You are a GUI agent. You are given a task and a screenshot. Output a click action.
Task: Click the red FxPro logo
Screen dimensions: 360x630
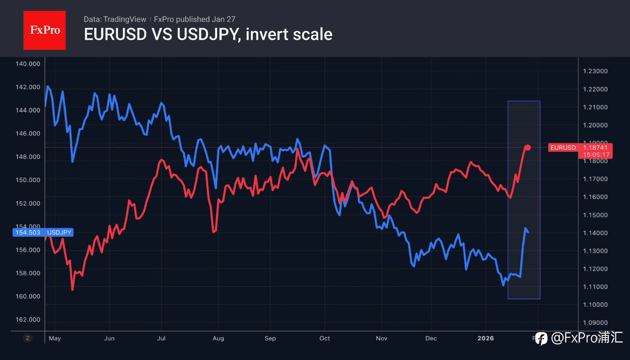click(44, 30)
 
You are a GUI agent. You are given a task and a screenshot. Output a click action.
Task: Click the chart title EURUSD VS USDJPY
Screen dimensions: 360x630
click(208, 34)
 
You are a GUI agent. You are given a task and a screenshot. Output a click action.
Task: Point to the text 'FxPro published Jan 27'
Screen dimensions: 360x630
click(195, 19)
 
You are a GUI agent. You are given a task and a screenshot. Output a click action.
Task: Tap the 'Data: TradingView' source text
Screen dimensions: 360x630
click(115, 19)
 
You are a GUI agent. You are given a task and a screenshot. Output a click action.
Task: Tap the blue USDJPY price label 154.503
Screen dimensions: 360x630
click(28, 233)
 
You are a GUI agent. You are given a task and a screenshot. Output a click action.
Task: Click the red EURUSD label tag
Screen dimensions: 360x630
click(563, 148)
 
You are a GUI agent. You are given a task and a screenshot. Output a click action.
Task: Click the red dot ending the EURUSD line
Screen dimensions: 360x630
click(528, 147)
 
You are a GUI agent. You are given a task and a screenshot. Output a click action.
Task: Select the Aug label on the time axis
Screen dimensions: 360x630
click(218, 339)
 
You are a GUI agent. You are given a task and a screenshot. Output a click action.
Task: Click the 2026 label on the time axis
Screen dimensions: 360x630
click(486, 339)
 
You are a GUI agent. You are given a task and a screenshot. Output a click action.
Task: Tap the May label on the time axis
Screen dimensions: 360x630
click(54, 339)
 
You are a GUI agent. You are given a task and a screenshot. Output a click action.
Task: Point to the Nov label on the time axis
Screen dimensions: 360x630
click(381, 339)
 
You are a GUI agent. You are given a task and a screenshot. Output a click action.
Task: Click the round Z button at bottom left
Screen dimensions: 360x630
click(28, 338)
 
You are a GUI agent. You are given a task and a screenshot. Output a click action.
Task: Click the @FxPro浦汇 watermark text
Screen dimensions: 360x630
click(587, 338)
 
